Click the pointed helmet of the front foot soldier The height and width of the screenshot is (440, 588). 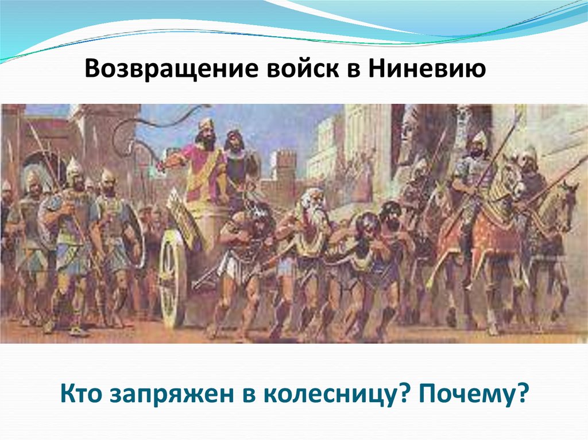tap(73, 167)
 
